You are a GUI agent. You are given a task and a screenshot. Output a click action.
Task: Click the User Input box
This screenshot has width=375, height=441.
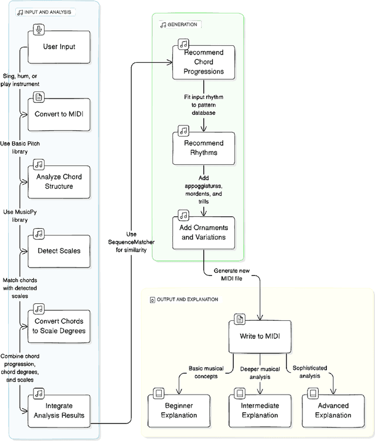tap(59, 46)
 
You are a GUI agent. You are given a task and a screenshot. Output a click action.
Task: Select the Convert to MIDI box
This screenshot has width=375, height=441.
tap(59, 114)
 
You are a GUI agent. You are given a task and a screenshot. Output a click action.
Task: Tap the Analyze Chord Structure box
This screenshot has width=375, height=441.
tap(59, 181)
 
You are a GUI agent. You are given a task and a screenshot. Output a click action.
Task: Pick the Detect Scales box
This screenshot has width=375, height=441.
tap(59, 250)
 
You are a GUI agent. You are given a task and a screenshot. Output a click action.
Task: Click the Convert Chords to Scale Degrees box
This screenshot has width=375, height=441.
tap(59, 325)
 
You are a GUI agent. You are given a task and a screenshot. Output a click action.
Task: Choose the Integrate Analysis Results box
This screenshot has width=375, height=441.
tap(59, 411)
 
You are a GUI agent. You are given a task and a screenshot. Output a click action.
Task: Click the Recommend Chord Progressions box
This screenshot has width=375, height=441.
tap(204, 62)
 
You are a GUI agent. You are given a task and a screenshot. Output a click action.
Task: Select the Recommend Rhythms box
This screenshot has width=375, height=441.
tap(204, 147)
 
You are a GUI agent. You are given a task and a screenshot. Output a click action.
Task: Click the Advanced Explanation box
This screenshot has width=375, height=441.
tap(333, 410)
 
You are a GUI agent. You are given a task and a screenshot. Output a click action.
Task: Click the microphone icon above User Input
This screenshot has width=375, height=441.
tap(39, 29)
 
